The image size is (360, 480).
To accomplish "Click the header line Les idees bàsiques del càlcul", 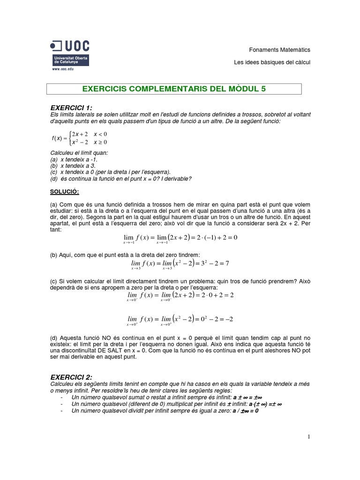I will click(x=272, y=62).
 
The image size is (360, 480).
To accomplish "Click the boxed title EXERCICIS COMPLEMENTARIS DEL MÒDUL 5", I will click(x=174, y=89).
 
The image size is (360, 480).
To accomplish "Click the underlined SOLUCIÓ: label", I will click(x=64, y=192).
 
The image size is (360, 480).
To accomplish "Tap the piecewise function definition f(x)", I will click(x=79, y=138).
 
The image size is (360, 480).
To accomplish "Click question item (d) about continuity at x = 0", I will click(x=120, y=178).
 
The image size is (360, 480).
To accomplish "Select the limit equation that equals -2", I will click(x=180, y=320).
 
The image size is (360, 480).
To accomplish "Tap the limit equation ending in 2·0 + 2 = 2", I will click(x=180, y=296).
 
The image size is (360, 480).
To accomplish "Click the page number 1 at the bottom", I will click(x=309, y=437).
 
